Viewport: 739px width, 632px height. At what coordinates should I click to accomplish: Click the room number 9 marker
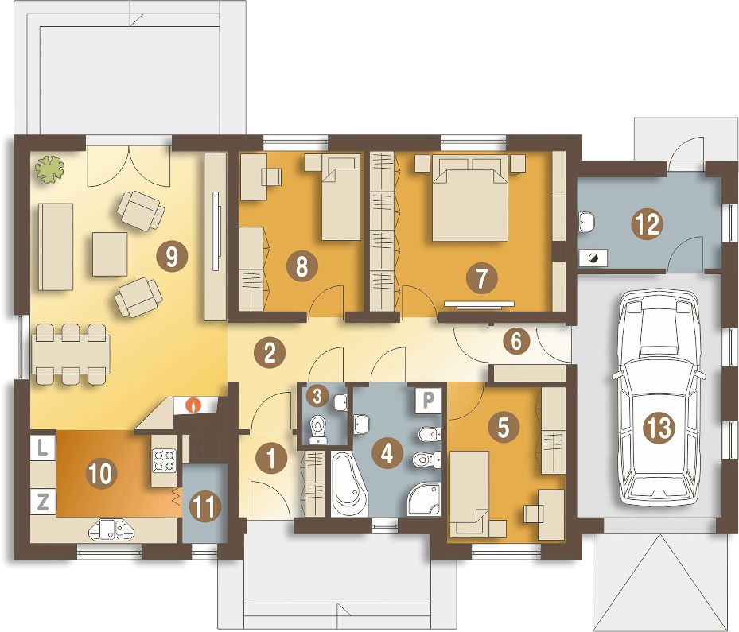tap(172, 257)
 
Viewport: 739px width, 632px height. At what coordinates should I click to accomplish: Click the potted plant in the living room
tap(50, 169)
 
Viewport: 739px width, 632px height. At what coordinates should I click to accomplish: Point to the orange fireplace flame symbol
tap(193, 405)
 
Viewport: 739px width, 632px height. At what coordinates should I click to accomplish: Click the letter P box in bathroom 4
tap(427, 399)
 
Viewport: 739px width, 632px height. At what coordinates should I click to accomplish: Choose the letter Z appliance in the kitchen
tap(42, 502)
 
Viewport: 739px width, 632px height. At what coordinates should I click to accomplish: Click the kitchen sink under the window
tap(112, 529)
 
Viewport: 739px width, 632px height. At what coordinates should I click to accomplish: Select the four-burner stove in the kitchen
tap(164, 460)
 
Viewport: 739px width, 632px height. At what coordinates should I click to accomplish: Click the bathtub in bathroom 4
tap(348, 483)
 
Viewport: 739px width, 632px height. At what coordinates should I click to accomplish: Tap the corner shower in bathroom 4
tap(424, 499)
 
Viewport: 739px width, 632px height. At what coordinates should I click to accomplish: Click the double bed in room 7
tap(470, 200)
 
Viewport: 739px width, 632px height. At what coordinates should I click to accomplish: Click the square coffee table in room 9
tap(110, 254)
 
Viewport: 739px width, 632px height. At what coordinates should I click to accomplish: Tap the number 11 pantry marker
tap(205, 506)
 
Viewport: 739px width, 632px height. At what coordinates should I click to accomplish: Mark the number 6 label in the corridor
tap(516, 341)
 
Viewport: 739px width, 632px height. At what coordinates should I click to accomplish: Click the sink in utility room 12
tap(586, 222)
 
